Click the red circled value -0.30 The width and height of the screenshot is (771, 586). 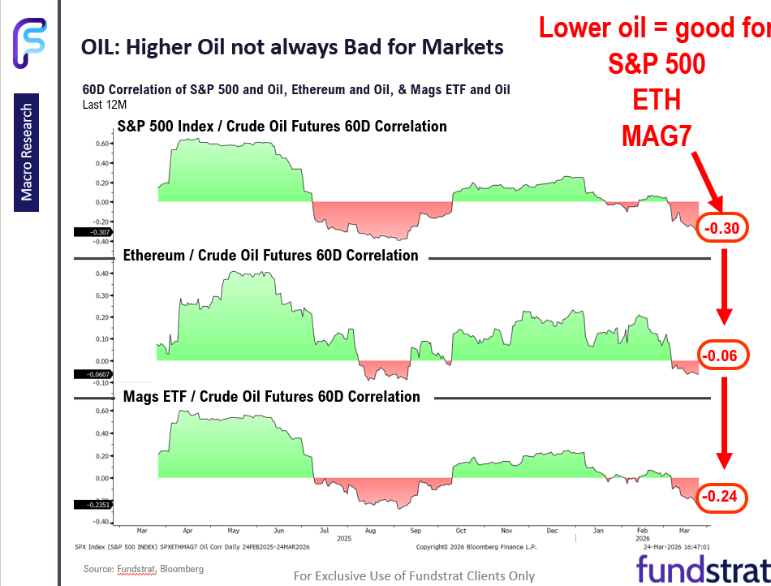721,229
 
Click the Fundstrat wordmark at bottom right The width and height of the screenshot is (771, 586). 701,569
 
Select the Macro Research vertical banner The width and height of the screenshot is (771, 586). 27,153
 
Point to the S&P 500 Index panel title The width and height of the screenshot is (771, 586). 282,127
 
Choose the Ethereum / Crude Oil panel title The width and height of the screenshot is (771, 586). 271,256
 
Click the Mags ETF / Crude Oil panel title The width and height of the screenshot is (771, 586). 272,397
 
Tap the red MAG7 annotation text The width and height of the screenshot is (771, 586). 656,137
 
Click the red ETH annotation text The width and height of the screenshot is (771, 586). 656,101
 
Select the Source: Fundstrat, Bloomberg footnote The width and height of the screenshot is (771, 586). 144,569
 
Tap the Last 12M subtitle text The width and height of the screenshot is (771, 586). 106,105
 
